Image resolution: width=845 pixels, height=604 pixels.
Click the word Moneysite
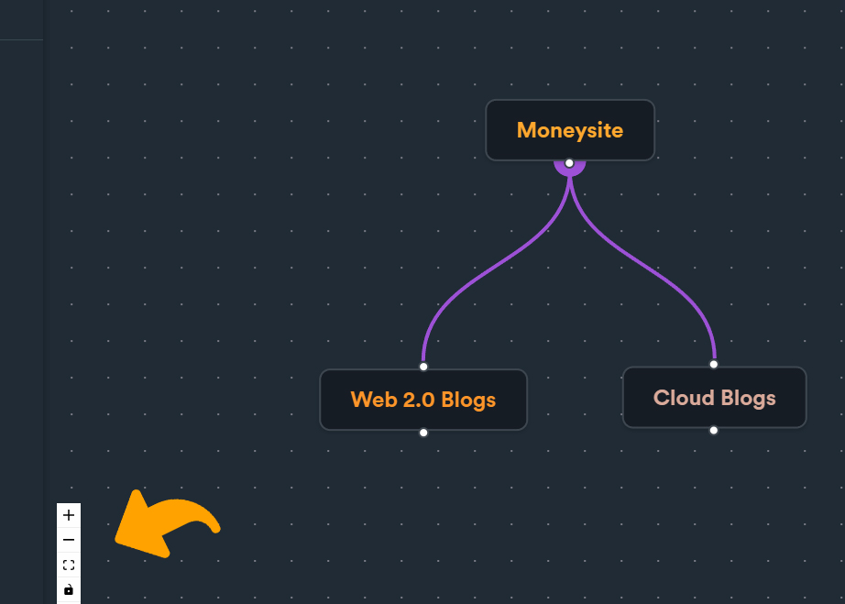pyautogui.click(x=569, y=130)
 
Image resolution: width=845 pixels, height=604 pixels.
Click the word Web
pyautogui.click(x=373, y=400)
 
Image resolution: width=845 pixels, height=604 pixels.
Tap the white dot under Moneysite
pyautogui.click(x=569, y=163)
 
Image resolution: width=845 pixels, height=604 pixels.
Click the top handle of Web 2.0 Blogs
pyautogui.click(x=423, y=367)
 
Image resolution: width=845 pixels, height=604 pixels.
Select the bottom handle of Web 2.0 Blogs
pyautogui.click(x=423, y=433)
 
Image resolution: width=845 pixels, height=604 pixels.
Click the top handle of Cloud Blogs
pyautogui.click(x=714, y=364)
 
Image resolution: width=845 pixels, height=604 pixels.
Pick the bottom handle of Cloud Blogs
pyautogui.click(x=714, y=430)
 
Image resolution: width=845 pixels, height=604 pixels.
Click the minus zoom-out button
pyautogui.click(x=69, y=541)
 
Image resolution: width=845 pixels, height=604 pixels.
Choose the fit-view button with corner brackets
pyautogui.click(x=69, y=566)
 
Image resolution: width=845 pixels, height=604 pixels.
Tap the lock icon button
pyautogui.click(x=69, y=589)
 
